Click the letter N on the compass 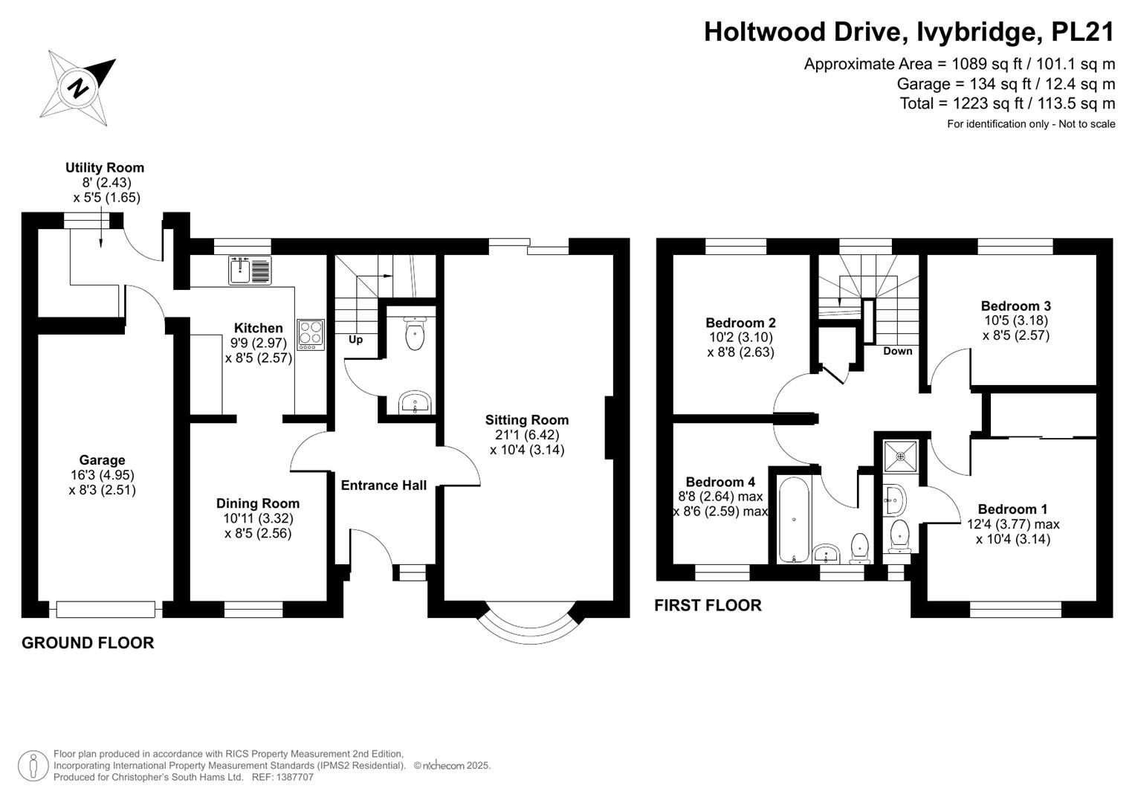tap(79, 88)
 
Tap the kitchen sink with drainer tap(250, 270)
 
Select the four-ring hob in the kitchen tap(311, 334)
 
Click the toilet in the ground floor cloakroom tap(415, 332)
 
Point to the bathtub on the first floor tap(794, 519)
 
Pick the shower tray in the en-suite tap(900, 457)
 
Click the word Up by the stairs tap(356, 340)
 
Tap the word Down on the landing tap(897, 351)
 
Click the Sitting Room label tap(527, 420)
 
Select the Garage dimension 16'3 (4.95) tap(103, 475)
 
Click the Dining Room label tap(258, 503)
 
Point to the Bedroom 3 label tap(1016, 306)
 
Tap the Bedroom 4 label tap(720, 482)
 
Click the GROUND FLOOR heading tap(88, 643)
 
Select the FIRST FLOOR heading tap(708, 605)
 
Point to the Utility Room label tap(105, 167)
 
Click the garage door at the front tap(106, 610)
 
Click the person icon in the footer tap(33, 766)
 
